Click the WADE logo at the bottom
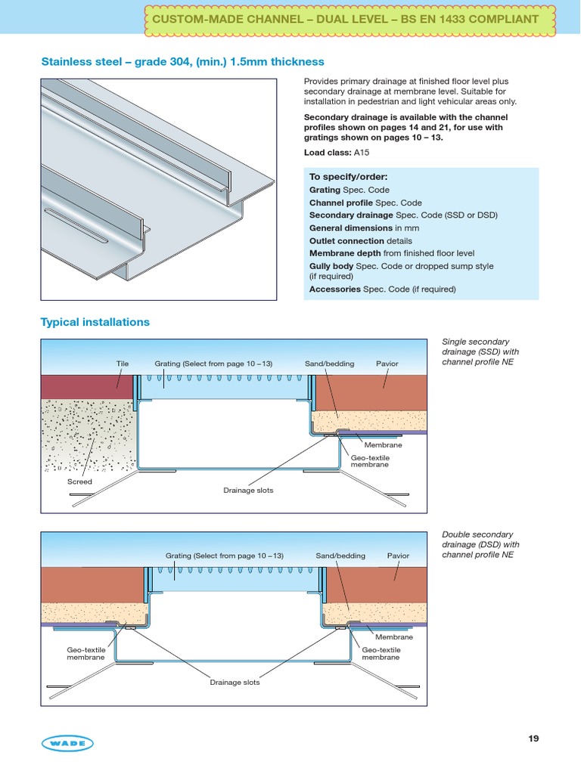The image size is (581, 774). [67, 744]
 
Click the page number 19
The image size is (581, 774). [533, 738]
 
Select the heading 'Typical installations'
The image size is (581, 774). [95, 322]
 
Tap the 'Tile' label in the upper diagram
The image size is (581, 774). [122, 364]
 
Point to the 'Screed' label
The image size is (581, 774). [79, 481]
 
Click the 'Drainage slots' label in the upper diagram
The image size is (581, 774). [248, 491]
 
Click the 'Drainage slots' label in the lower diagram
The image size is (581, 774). [235, 683]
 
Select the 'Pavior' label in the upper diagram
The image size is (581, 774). [387, 364]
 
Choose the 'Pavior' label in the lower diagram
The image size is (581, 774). [398, 556]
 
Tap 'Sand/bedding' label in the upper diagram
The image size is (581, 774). [329, 364]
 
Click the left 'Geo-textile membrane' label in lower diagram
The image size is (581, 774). [85, 654]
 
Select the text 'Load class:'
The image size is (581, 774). [328, 152]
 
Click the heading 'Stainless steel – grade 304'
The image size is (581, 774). [182, 62]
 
